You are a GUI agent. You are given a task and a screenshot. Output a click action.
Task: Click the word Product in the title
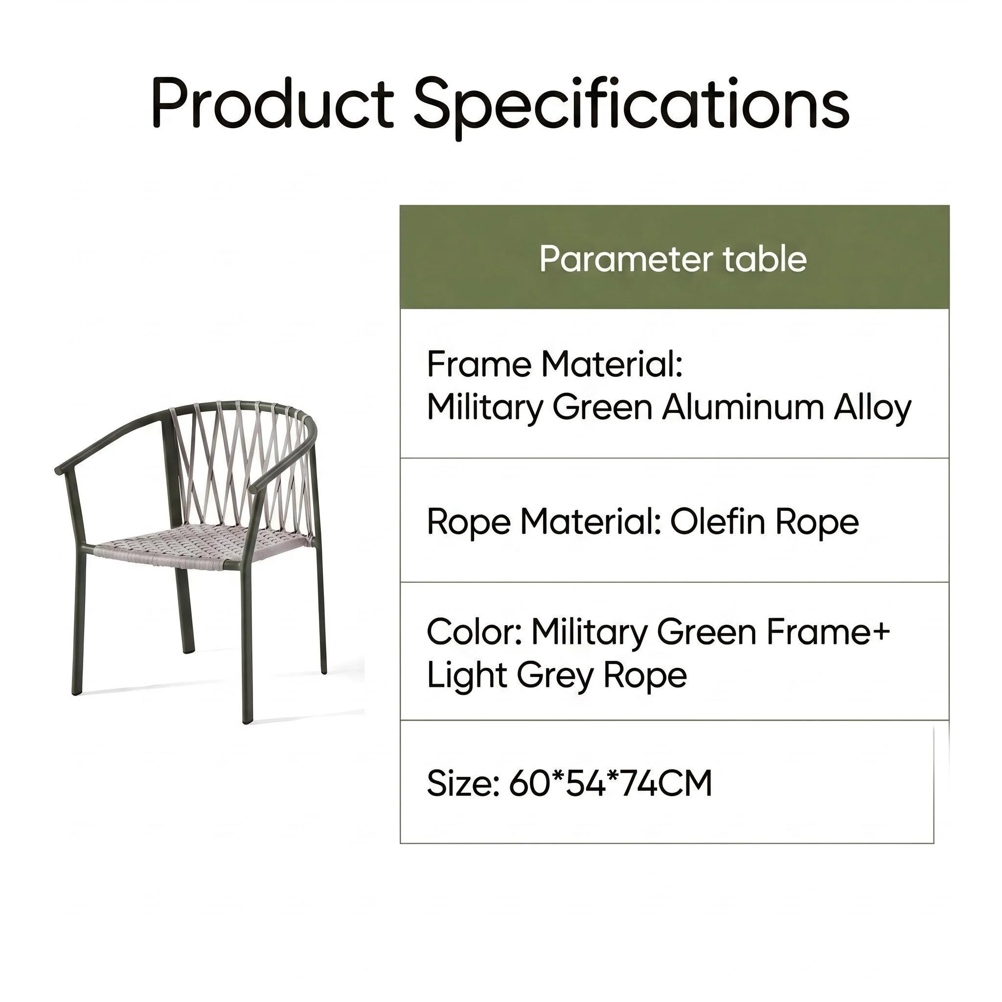click(273, 103)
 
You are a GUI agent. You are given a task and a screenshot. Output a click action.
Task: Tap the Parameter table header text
click(673, 258)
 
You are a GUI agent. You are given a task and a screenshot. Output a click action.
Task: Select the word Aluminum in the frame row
click(743, 408)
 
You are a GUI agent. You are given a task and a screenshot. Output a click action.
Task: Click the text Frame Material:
click(554, 364)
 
